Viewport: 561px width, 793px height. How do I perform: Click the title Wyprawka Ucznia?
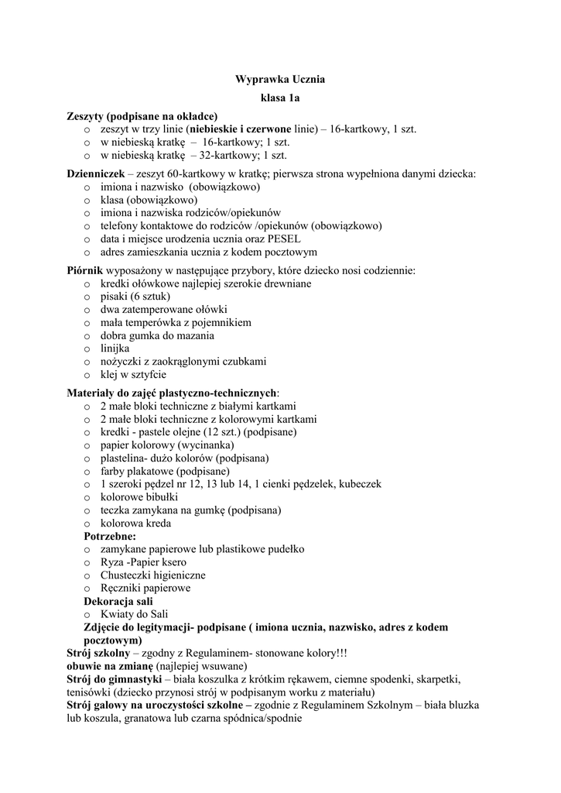point(279,79)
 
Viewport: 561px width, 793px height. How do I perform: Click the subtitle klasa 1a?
point(279,98)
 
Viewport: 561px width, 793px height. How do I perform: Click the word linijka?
point(116,348)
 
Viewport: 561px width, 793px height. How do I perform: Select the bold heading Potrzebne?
point(110,536)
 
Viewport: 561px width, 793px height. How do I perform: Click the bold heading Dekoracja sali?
point(118,601)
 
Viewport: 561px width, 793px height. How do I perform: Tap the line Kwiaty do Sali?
point(134,614)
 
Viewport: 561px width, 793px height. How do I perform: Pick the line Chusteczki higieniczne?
point(152,575)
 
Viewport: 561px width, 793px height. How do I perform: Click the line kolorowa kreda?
point(136,524)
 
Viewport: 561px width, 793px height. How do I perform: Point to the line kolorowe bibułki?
point(139,497)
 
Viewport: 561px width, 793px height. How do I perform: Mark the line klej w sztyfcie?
point(133,375)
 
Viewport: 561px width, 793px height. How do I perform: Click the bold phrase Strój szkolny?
point(97,653)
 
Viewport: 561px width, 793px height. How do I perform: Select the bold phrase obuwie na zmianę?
point(109,666)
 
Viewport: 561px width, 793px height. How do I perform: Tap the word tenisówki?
point(89,692)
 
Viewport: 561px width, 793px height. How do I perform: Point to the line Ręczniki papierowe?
point(145,588)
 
